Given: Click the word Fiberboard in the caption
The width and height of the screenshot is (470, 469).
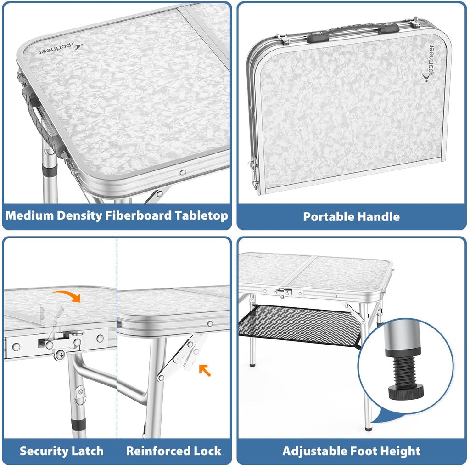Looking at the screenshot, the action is click(139, 215).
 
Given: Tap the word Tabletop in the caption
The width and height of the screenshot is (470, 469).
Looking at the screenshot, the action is click(202, 216).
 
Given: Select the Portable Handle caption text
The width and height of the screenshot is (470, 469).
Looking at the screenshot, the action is click(351, 217).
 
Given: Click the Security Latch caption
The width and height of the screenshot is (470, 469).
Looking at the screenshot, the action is click(62, 451).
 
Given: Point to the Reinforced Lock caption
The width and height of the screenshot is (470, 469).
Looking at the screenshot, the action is click(174, 451).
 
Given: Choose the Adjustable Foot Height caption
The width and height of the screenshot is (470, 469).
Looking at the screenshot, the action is click(351, 451).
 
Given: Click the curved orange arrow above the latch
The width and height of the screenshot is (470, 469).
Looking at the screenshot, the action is click(67, 295).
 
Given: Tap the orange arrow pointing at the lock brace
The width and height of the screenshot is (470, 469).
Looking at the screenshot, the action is click(205, 370).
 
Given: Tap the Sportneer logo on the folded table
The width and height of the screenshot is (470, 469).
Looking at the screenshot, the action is click(429, 63).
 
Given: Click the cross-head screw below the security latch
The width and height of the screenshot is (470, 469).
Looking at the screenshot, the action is click(61, 355).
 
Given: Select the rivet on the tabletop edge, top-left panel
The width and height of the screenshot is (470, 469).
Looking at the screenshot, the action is click(183, 173).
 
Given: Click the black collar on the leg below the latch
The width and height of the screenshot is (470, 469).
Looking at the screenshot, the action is click(78, 424).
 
